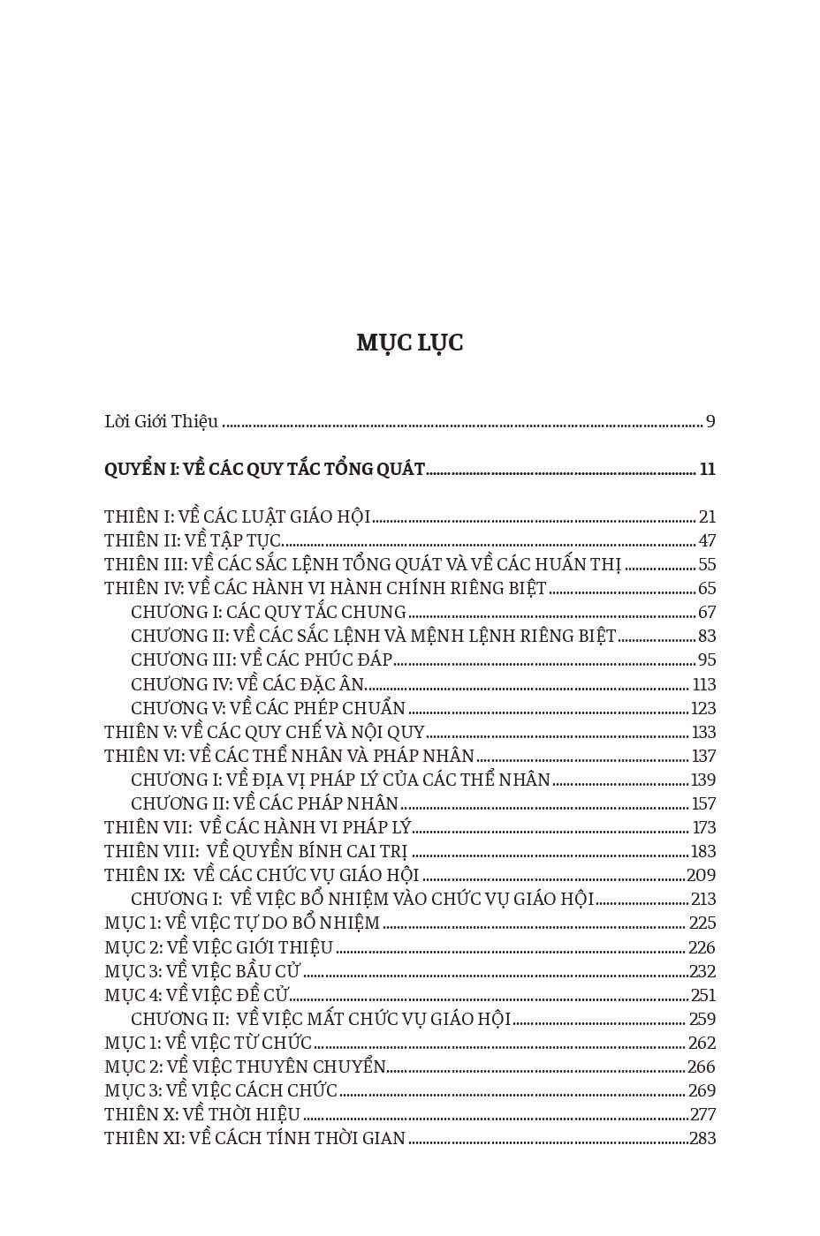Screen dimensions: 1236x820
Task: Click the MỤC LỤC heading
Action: point(410,343)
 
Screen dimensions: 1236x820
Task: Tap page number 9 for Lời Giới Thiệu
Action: point(710,422)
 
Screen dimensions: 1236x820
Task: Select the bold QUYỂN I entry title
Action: point(264,470)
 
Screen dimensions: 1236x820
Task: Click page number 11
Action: point(707,470)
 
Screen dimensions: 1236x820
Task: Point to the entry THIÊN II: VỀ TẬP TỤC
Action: point(192,541)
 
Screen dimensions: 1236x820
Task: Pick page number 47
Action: point(707,541)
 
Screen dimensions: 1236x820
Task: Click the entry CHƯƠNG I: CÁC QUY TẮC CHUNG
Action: point(268,613)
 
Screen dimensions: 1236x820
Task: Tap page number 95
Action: point(707,660)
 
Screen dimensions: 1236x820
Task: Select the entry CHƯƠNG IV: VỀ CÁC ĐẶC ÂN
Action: point(247,685)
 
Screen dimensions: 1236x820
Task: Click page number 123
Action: point(703,709)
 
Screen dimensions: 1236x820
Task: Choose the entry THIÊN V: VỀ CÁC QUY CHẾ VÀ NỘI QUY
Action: point(264,733)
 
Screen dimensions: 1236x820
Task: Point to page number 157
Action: point(703,804)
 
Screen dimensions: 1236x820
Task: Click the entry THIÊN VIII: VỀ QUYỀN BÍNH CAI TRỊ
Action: point(255,852)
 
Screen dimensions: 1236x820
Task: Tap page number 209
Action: point(702,876)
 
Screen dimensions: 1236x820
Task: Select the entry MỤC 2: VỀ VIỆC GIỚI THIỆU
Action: point(218,948)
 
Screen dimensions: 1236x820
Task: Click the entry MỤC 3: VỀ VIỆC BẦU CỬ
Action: point(202,972)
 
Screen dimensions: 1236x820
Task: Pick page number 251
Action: point(703,996)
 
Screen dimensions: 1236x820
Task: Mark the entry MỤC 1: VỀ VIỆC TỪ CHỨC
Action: point(208,1044)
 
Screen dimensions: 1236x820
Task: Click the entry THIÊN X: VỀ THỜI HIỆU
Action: point(202,1115)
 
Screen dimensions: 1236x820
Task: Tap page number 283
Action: point(702,1139)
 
